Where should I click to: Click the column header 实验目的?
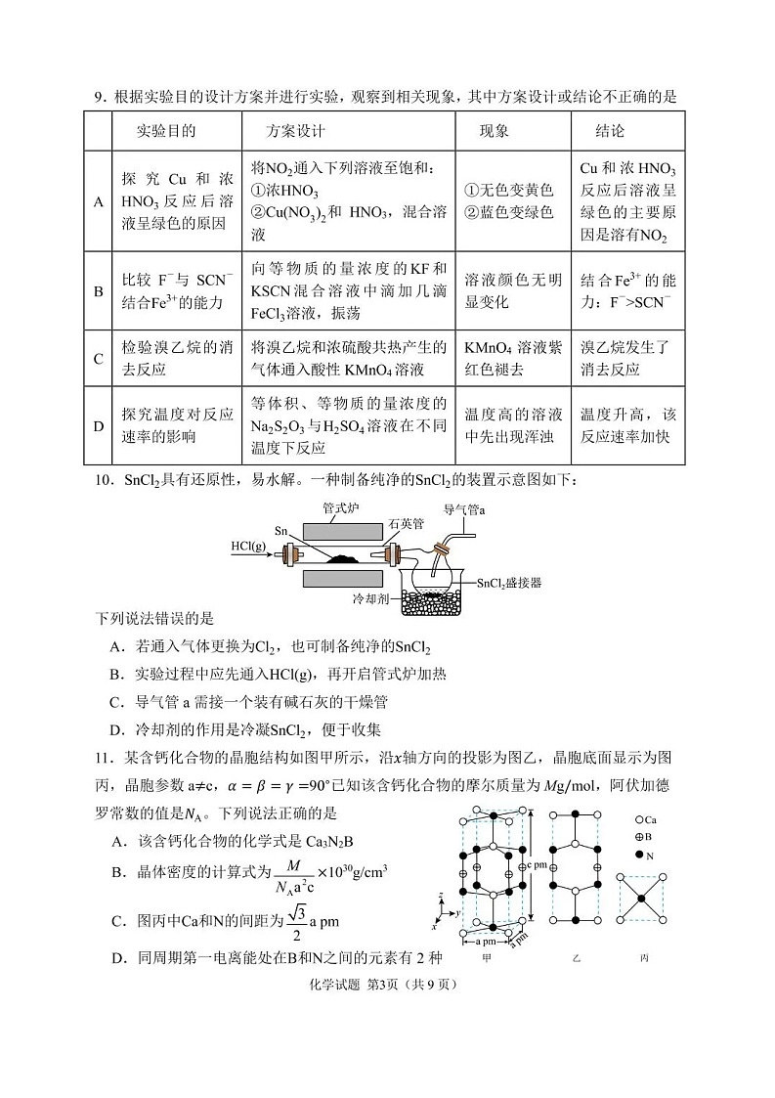coord(166,131)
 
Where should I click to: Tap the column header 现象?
coord(495,131)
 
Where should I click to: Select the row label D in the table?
coord(98,426)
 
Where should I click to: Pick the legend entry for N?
coord(645,855)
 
